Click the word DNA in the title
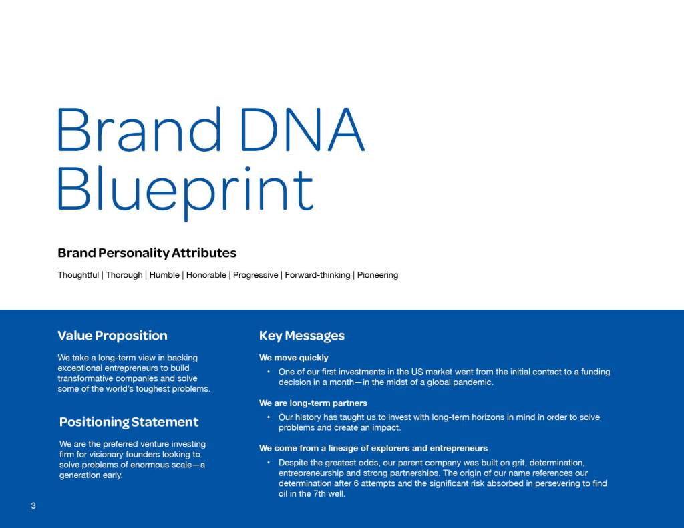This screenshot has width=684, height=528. point(303,129)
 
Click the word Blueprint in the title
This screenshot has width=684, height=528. point(186,191)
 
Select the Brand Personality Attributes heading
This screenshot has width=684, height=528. point(147,253)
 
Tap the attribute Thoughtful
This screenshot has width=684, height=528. point(79,275)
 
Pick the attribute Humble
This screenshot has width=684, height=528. point(164,275)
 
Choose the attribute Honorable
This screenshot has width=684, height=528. point(206,275)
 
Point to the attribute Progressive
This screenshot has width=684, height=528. point(256,275)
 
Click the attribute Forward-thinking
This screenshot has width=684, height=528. point(317,275)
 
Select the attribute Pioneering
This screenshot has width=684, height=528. point(378,275)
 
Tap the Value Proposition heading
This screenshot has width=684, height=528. point(112,336)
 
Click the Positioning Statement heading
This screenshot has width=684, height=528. point(129,422)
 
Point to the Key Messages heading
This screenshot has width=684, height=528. point(302,336)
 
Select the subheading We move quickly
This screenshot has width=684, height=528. point(294,358)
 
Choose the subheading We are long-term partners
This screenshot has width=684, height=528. point(313,403)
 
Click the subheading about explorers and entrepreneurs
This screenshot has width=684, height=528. point(373,448)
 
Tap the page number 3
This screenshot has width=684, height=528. point(33,506)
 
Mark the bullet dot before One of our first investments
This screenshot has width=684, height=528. point(269,372)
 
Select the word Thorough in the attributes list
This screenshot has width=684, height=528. point(124,275)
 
